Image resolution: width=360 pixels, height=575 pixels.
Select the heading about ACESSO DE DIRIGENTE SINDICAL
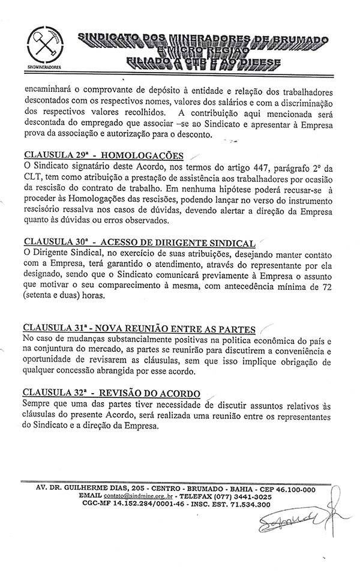click(x=139, y=242)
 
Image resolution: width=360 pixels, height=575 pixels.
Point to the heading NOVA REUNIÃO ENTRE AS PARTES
click(x=139, y=329)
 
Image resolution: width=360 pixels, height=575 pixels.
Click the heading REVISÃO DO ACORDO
click(x=111, y=394)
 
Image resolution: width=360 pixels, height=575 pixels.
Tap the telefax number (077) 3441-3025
click(x=242, y=498)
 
